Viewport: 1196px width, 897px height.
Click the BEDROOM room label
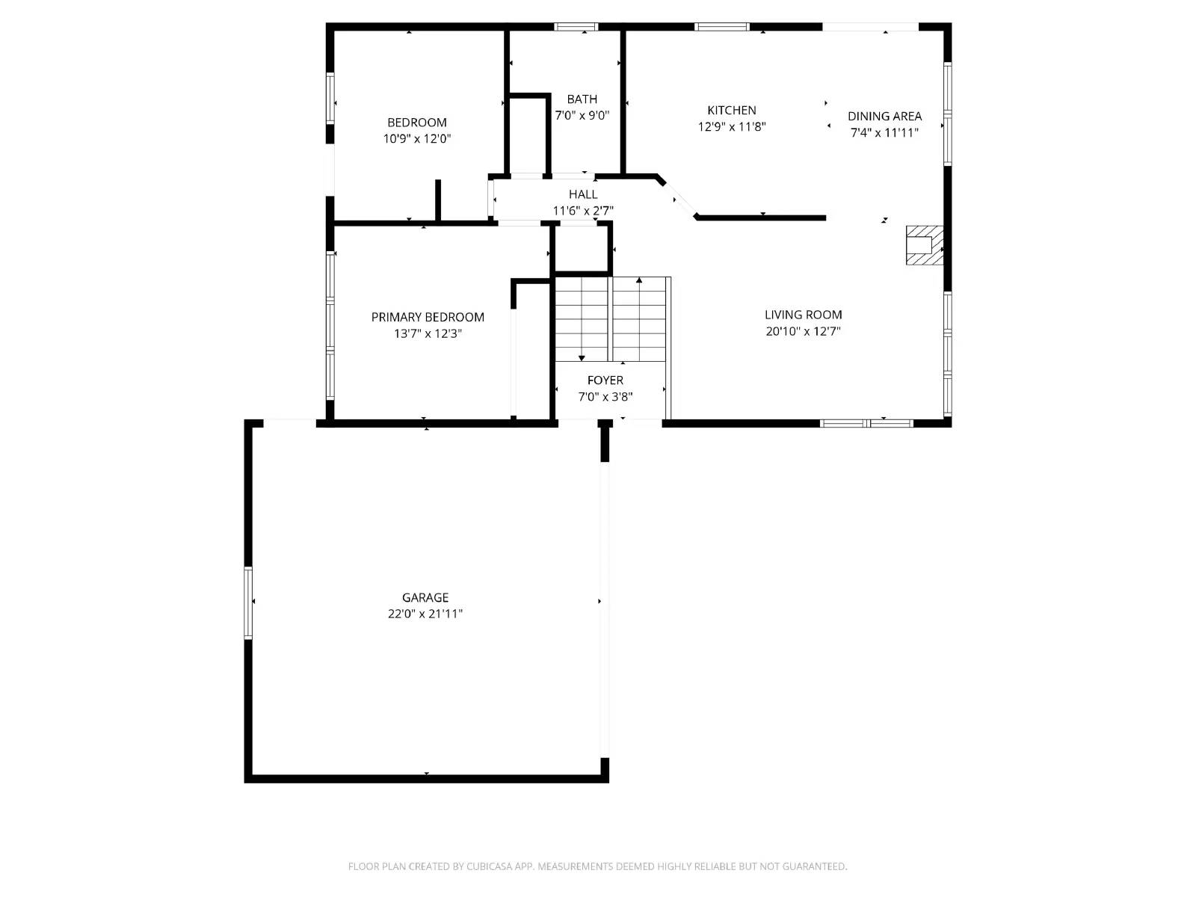416,123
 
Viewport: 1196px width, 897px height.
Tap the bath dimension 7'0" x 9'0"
582,116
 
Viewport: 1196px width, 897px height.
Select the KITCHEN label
732,110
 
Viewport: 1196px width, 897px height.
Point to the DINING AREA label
884,116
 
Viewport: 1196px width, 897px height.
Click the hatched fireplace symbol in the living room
924,245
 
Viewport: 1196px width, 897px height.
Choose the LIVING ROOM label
803,315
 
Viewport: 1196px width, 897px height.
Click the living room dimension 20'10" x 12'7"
803,331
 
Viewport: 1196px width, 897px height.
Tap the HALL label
583,194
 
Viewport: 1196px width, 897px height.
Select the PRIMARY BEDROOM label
428,317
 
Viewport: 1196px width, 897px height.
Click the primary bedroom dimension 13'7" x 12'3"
428,333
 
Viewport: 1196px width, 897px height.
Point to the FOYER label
605,380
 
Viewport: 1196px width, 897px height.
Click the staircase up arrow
639,282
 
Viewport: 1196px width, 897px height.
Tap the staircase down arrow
582,357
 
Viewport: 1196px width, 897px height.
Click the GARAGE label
425,597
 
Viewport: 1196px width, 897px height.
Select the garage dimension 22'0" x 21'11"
425,614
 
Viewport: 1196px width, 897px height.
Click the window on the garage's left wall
248,602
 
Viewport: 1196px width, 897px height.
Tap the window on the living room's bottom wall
866,423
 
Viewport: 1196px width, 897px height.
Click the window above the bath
576,27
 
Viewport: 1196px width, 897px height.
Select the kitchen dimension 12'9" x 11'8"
732,126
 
